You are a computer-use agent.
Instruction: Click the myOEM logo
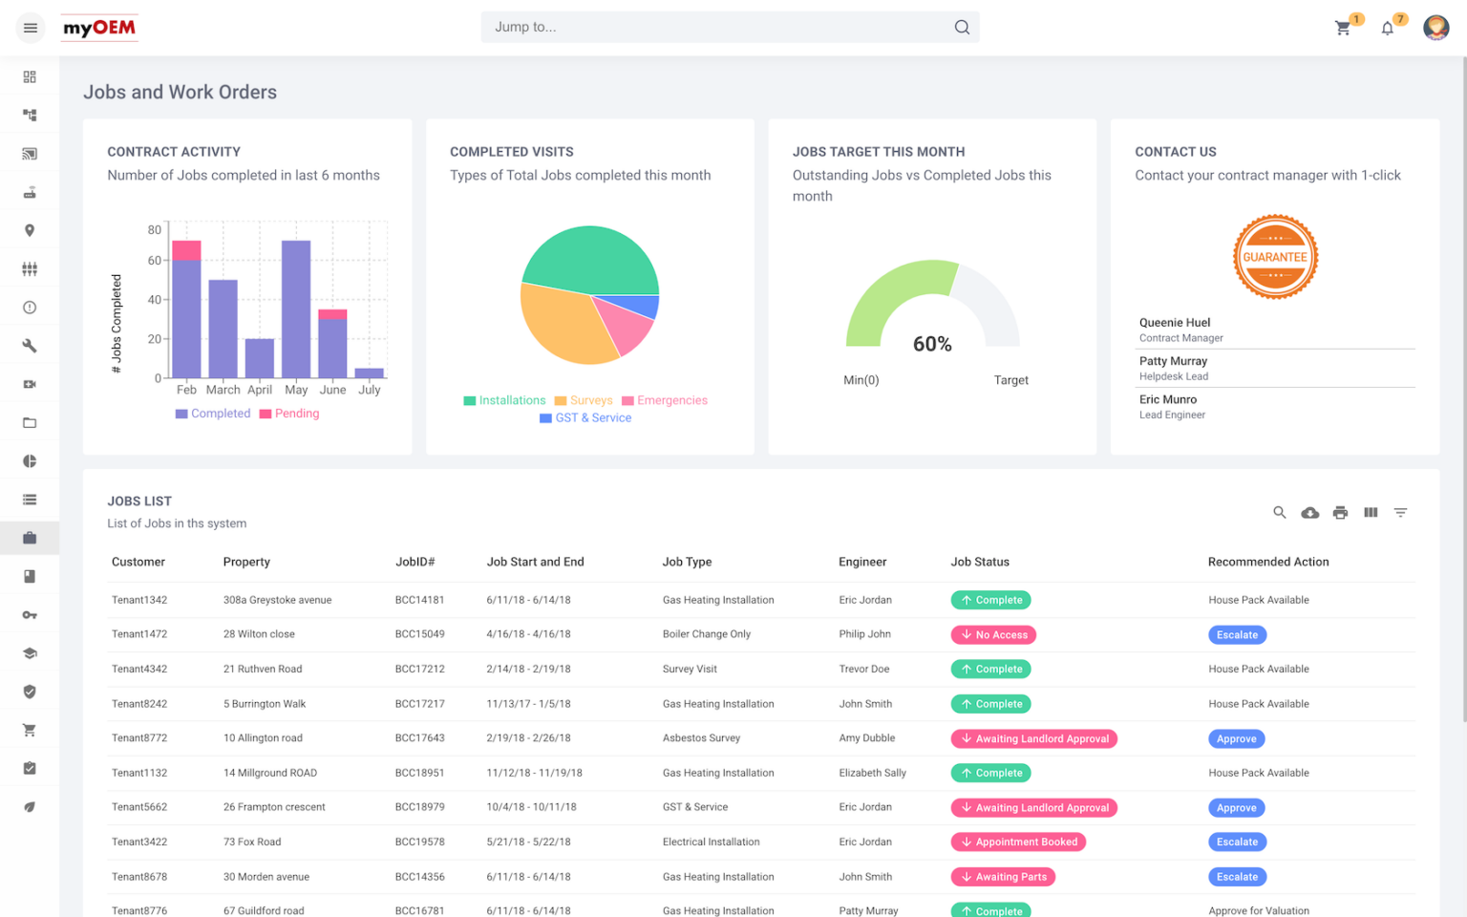(99, 28)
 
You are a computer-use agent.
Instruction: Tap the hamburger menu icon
(31, 28)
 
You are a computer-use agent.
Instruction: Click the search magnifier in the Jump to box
(962, 28)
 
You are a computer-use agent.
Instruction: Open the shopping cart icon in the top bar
(1343, 28)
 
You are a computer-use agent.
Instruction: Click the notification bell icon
(1388, 28)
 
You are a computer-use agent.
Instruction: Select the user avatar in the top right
(1435, 28)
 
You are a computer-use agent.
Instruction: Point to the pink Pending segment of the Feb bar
(186, 250)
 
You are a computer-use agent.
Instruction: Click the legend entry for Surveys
(584, 400)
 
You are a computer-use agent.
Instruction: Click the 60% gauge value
(932, 344)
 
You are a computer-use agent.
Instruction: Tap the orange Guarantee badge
(1275, 257)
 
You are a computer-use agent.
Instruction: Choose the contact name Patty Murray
(1173, 361)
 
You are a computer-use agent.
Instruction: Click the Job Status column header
(980, 562)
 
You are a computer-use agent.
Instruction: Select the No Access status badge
(993, 635)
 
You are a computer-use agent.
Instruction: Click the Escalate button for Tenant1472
(1237, 635)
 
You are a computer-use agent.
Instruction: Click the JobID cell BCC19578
(419, 842)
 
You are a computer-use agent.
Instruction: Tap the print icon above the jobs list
(1340, 513)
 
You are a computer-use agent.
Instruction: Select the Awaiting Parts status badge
(1003, 877)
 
